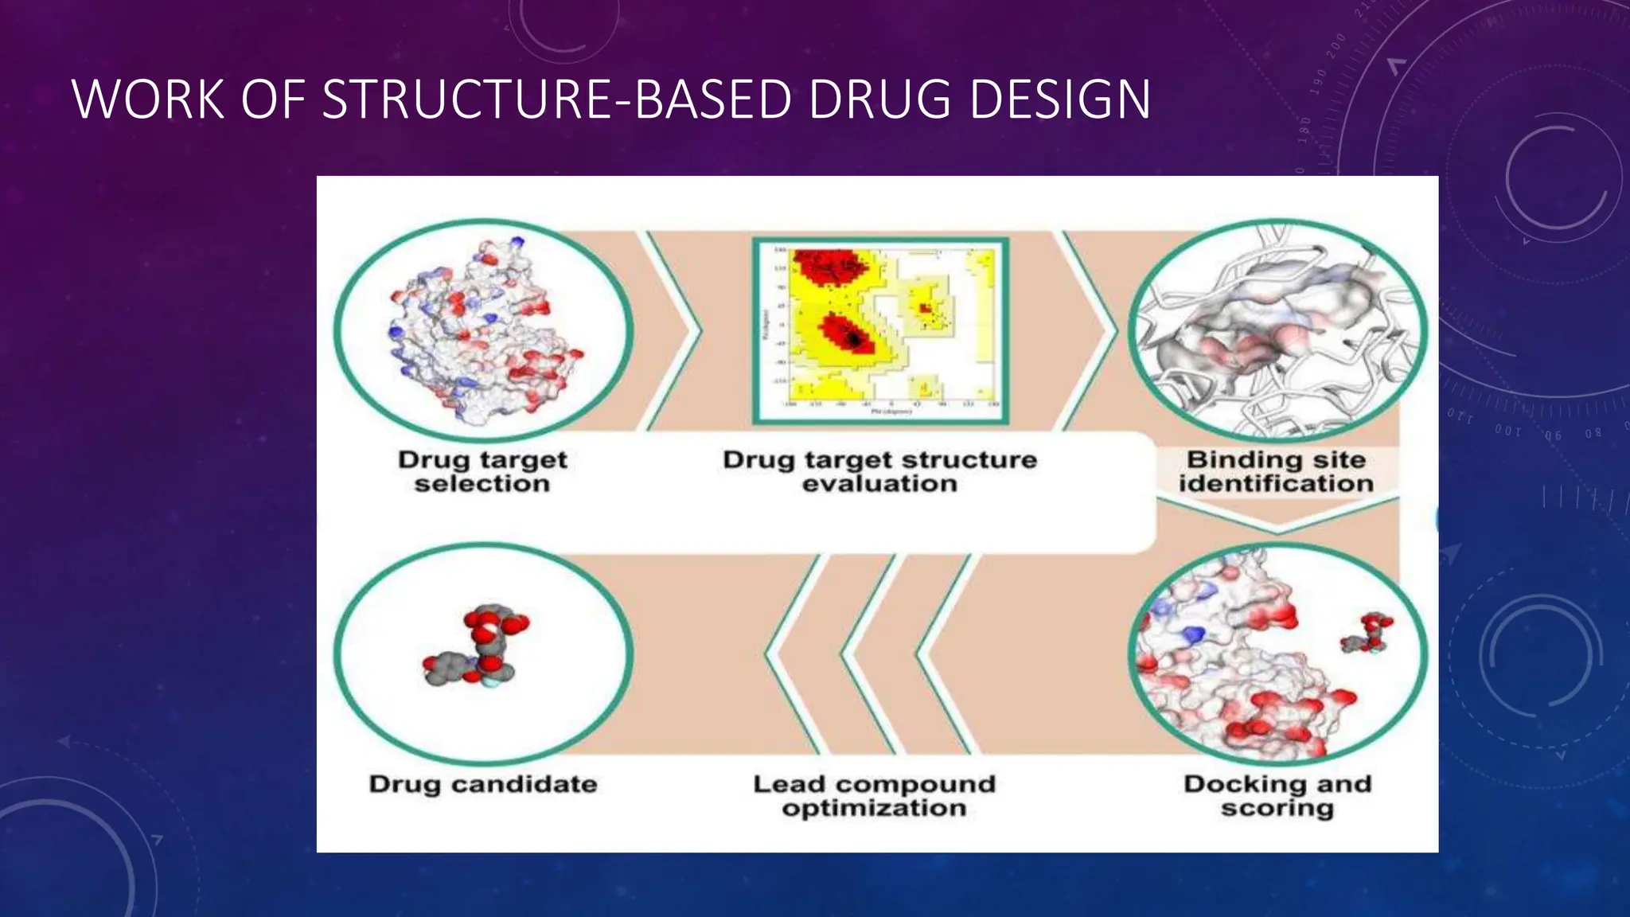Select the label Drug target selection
pyautogui.click(x=482, y=471)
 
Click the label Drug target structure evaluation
pyautogui.click(x=879, y=471)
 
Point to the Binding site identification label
pyautogui.click(x=1276, y=471)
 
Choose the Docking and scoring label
pyautogui.click(x=1277, y=795)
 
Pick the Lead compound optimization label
pyautogui.click(x=874, y=795)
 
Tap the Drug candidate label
pyautogui.click(x=482, y=784)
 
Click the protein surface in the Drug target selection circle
pyautogui.click(x=478, y=334)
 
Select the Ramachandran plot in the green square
pyautogui.click(x=880, y=330)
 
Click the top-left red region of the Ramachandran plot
pyautogui.click(x=828, y=267)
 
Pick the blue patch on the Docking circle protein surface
pyautogui.click(x=1193, y=635)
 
